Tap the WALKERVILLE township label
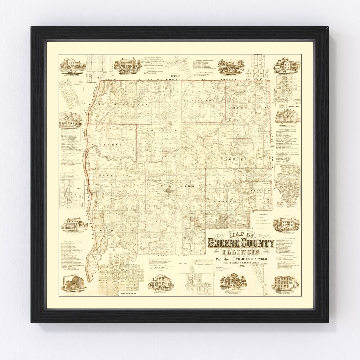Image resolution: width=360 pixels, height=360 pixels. point(115,145)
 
